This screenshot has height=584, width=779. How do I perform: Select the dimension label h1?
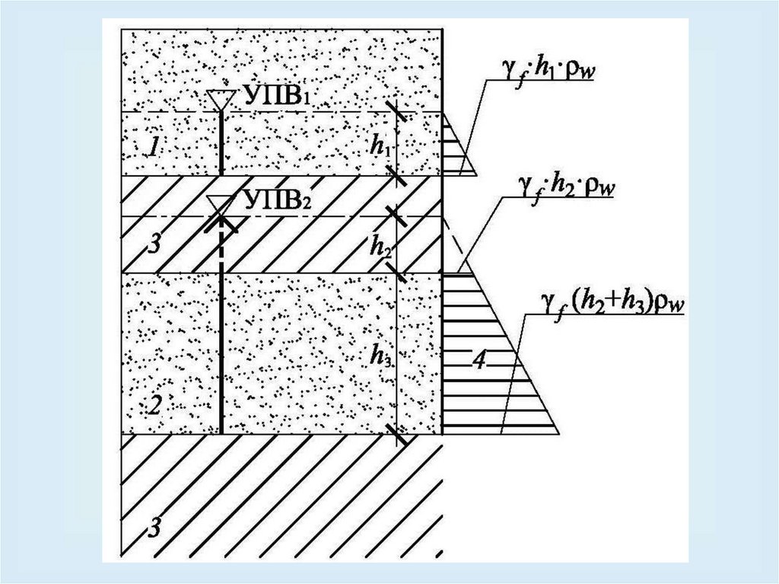tap(380, 147)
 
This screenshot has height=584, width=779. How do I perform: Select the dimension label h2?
tap(380, 245)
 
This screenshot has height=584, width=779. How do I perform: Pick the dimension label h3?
tap(380, 355)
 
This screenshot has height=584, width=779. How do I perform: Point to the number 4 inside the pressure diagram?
tap(479, 360)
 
